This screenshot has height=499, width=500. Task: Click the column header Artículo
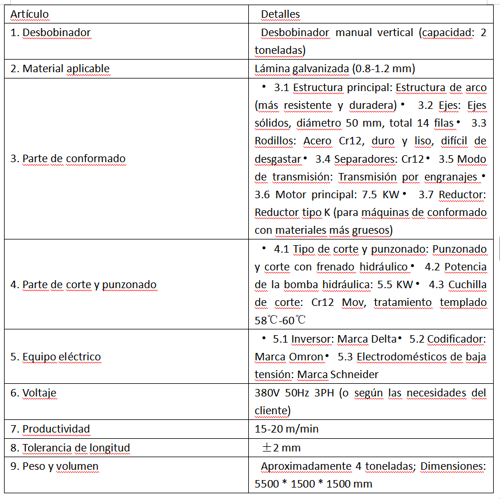click(30, 14)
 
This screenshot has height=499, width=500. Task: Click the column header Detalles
click(280, 14)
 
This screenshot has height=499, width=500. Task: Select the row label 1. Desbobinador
click(50, 33)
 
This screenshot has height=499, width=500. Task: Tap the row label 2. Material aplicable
click(60, 69)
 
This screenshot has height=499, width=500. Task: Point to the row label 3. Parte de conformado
click(68, 159)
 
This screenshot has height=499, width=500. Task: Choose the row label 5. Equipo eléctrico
click(56, 357)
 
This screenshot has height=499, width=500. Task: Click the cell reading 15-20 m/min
click(287, 429)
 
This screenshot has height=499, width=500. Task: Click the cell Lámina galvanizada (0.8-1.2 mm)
click(335, 69)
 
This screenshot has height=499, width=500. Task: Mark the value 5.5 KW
click(396, 285)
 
